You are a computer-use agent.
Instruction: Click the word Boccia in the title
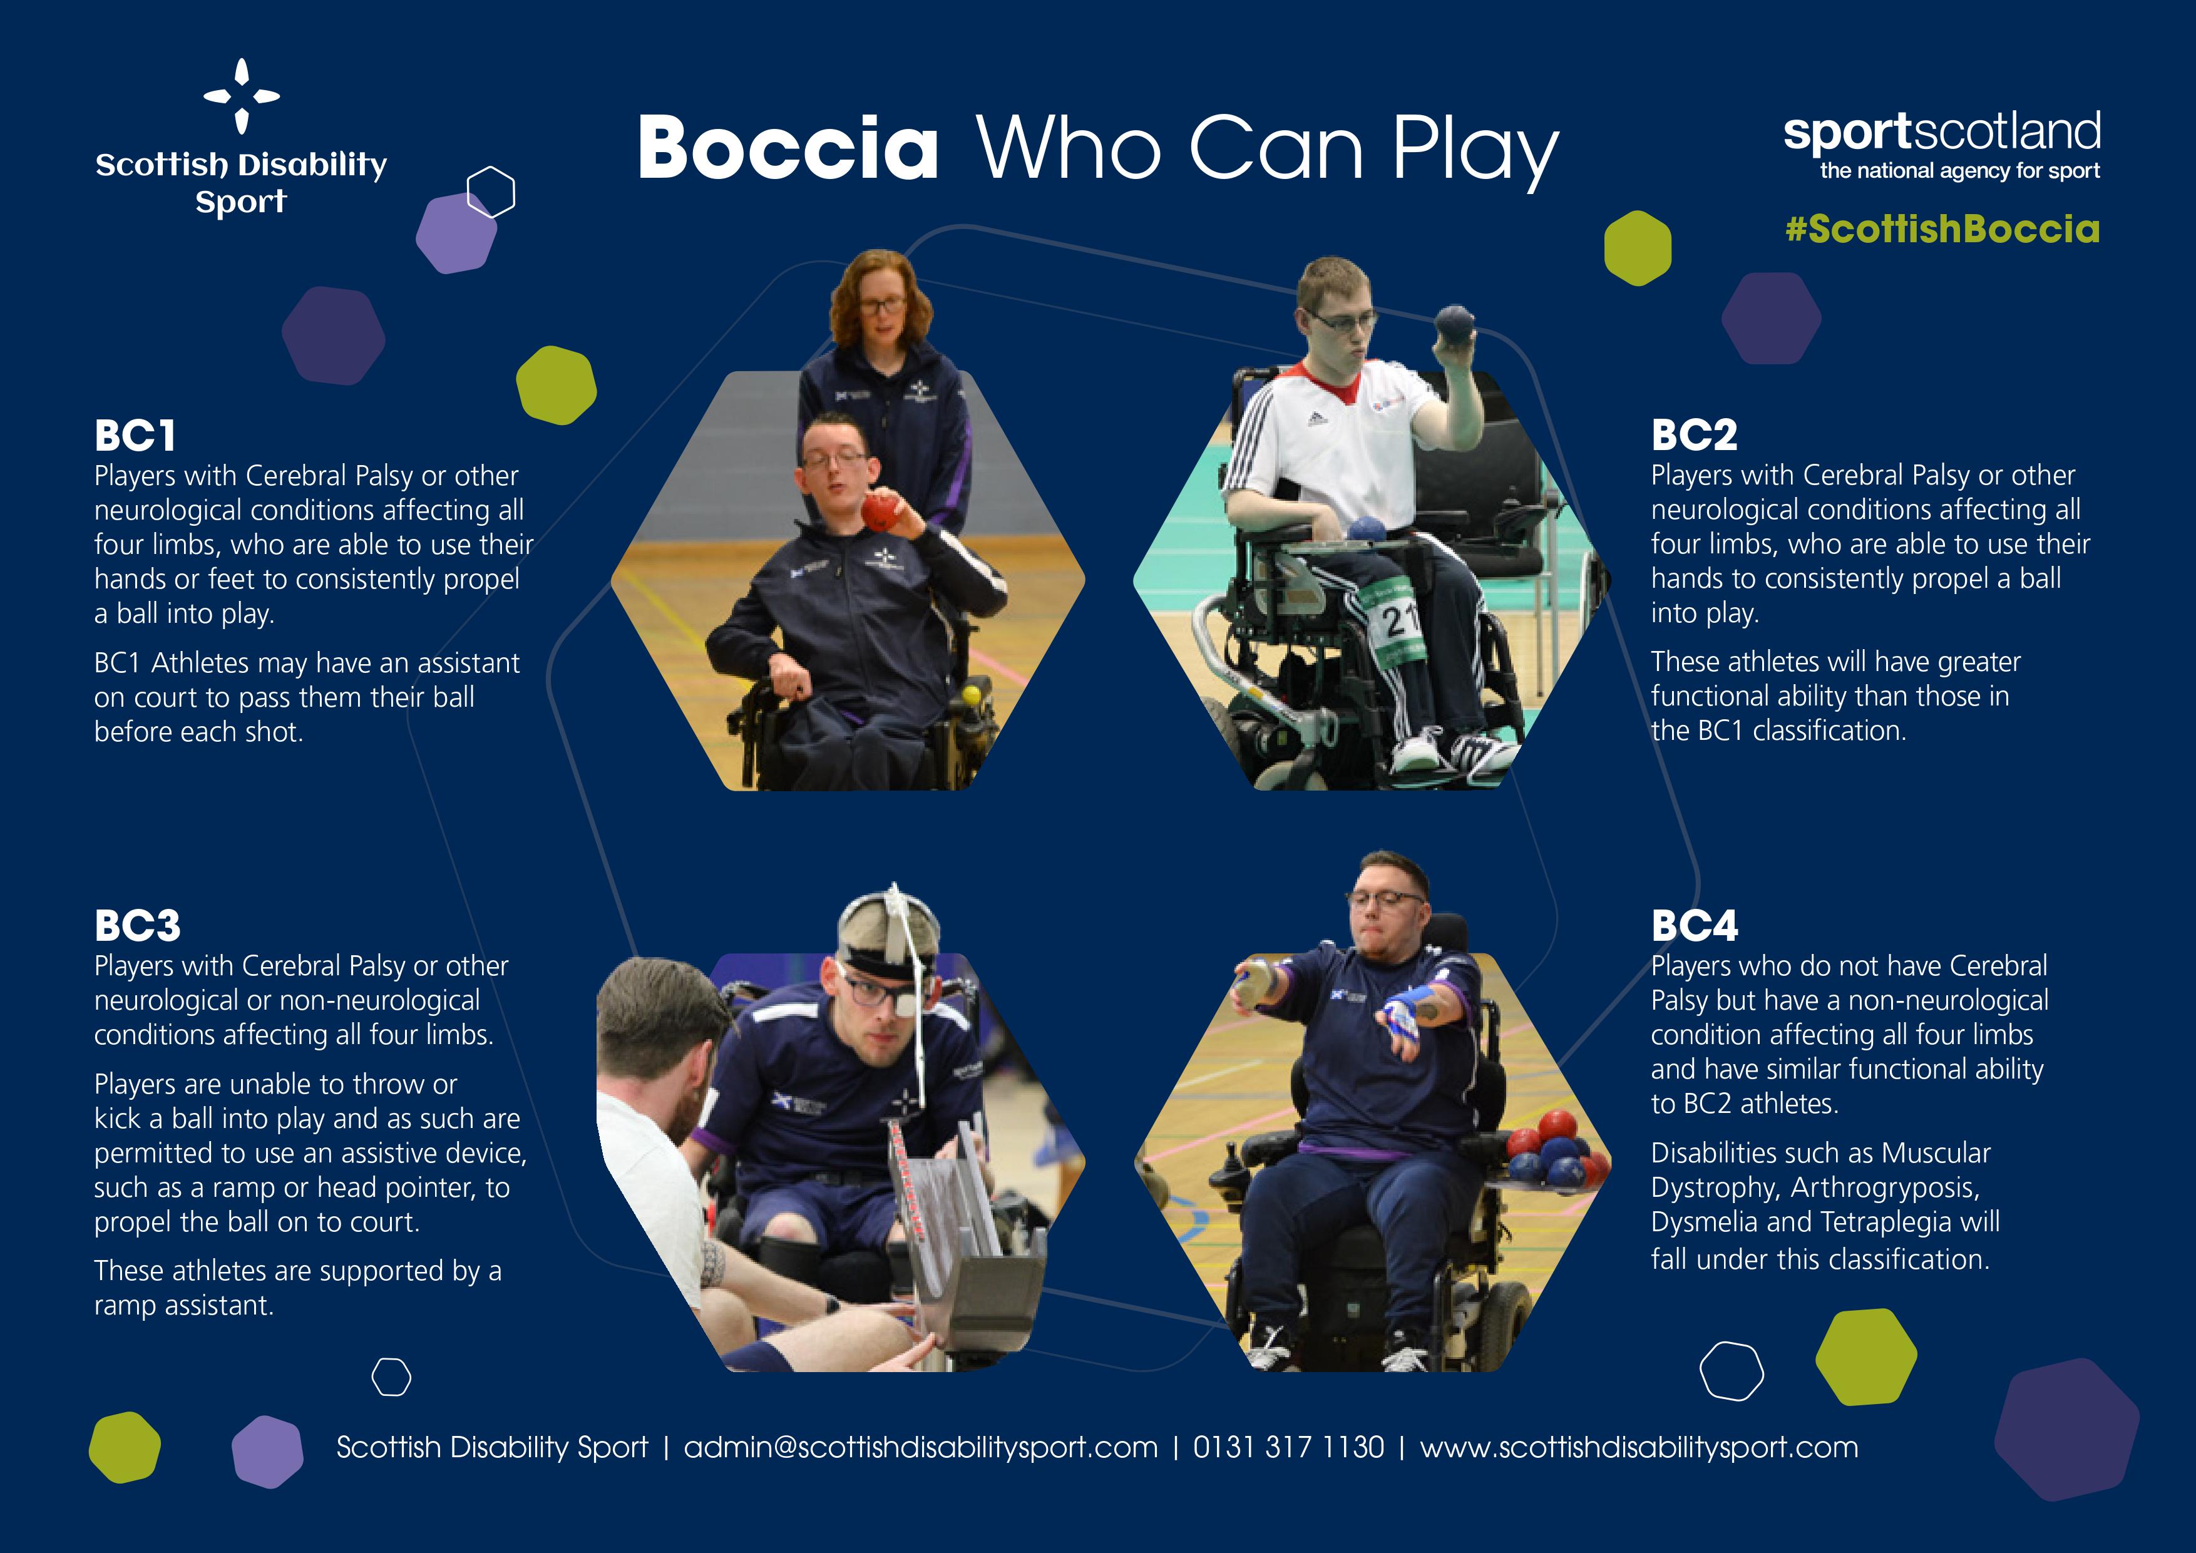(787, 148)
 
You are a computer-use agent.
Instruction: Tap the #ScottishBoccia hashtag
(1942, 230)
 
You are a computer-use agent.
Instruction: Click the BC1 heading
(135, 436)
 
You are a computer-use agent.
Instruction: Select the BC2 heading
(1694, 435)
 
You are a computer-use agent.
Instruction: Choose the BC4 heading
(1695, 926)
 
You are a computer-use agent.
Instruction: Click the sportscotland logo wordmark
(1942, 134)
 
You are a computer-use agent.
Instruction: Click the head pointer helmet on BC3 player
(888, 928)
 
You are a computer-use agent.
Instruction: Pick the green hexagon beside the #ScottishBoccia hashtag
(1638, 248)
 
